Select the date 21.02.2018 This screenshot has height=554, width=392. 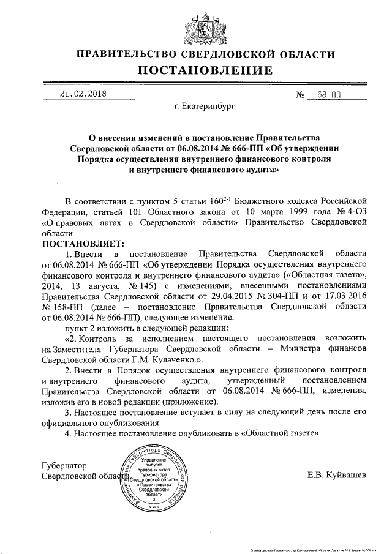[x=83, y=94]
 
